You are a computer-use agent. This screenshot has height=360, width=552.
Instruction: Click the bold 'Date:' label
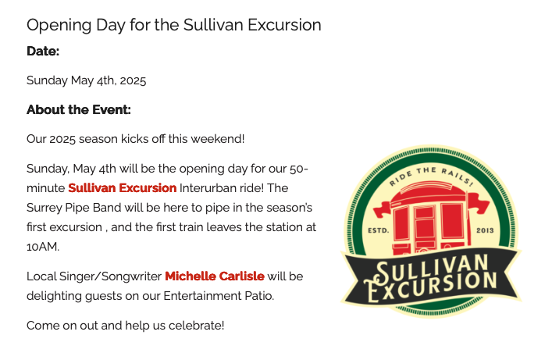coord(43,52)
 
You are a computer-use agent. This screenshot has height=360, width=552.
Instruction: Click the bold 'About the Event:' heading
coord(79,110)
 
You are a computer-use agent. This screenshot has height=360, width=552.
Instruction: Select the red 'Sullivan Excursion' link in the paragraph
coord(122,188)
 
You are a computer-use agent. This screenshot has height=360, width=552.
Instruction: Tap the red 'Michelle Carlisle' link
coord(215,276)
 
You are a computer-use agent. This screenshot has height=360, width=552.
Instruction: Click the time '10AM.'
coord(43,247)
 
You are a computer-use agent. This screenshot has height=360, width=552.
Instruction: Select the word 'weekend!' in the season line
coord(218,139)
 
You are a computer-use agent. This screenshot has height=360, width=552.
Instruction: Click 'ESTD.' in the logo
coord(379,230)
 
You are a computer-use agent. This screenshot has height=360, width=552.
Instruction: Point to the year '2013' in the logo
coord(485,230)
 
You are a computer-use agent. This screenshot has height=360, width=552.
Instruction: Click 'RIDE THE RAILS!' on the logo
coord(431,175)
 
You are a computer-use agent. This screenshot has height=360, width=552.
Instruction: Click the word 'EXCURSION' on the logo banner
coord(431,288)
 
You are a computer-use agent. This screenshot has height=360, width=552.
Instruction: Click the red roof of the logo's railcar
coord(429,194)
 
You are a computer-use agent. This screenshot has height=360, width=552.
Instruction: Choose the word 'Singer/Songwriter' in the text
coord(110,277)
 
